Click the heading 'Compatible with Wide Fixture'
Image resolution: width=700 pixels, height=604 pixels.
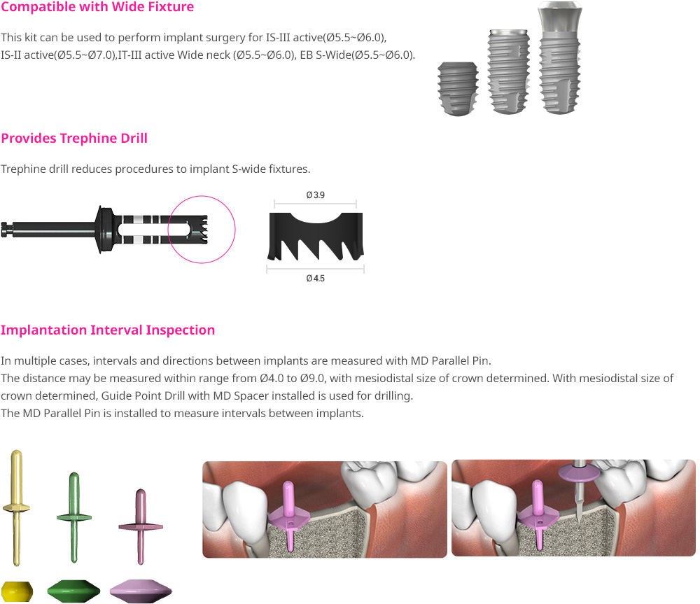pos(97,7)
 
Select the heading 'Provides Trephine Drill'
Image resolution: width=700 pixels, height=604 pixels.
pos(74,139)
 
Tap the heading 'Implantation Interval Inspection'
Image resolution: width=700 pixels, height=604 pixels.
pos(108,330)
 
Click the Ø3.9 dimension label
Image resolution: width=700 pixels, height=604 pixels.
pos(315,195)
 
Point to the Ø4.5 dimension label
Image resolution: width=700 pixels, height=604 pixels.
pos(315,279)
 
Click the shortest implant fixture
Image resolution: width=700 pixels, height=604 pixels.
pos(458,88)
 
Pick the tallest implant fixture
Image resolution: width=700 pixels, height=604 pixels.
pos(560,58)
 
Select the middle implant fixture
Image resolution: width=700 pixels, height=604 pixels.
pos(509,71)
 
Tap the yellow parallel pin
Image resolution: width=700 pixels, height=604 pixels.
pos(16,507)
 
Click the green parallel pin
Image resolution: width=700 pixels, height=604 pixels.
pos(74,517)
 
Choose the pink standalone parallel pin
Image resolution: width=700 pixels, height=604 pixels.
pos(141,527)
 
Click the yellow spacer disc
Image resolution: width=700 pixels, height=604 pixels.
pos(17,591)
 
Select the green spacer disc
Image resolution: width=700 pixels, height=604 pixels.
pos(73,591)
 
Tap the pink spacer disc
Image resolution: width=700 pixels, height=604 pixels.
pos(141,591)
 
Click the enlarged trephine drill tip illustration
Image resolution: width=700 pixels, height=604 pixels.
pos(316,236)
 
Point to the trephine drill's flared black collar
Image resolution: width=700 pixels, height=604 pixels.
pos(104,230)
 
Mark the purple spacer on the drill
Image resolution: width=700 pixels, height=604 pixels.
pos(580,472)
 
